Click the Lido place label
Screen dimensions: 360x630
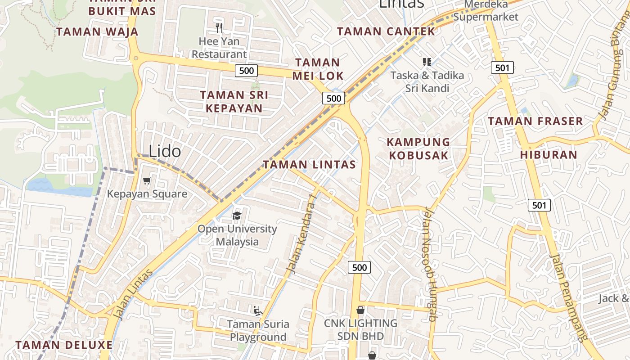[165, 152]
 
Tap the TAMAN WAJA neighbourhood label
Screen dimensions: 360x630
[97, 32]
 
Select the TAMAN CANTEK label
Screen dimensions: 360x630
[386, 31]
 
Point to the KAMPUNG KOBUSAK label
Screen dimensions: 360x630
[418, 149]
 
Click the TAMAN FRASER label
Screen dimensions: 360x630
[535, 121]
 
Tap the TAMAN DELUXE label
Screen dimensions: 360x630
[64, 345]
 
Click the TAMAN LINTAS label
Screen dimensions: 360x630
[309, 165]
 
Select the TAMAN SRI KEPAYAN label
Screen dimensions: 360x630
[234, 102]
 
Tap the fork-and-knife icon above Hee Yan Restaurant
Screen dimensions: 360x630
[219, 28]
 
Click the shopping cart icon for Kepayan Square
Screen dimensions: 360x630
[147, 181]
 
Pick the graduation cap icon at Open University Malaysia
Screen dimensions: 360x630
[237, 216]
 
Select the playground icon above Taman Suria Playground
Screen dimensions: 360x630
[257, 310]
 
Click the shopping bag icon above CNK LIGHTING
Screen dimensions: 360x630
[360, 310]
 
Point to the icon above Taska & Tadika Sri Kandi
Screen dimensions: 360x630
[427, 62]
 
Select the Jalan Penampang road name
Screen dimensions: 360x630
[569, 297]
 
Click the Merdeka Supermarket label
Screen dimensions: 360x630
[486, 11]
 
